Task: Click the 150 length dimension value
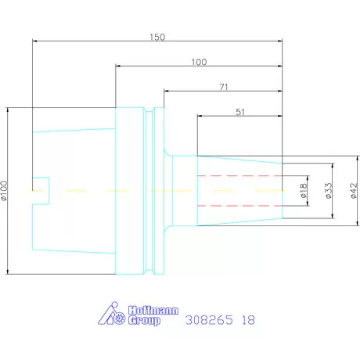tap(157, 37)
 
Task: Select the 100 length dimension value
tap(199, 62)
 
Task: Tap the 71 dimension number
tap(224, 87)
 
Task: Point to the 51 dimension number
tap(240, 112)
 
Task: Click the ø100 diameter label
tap(4, 191)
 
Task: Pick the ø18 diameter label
tap(303, 191)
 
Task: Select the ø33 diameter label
tap(329, 191)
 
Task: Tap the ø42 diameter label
tap(354, 191)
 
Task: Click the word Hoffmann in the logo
tap(153, 311)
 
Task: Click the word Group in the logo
tap(144, 320)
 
